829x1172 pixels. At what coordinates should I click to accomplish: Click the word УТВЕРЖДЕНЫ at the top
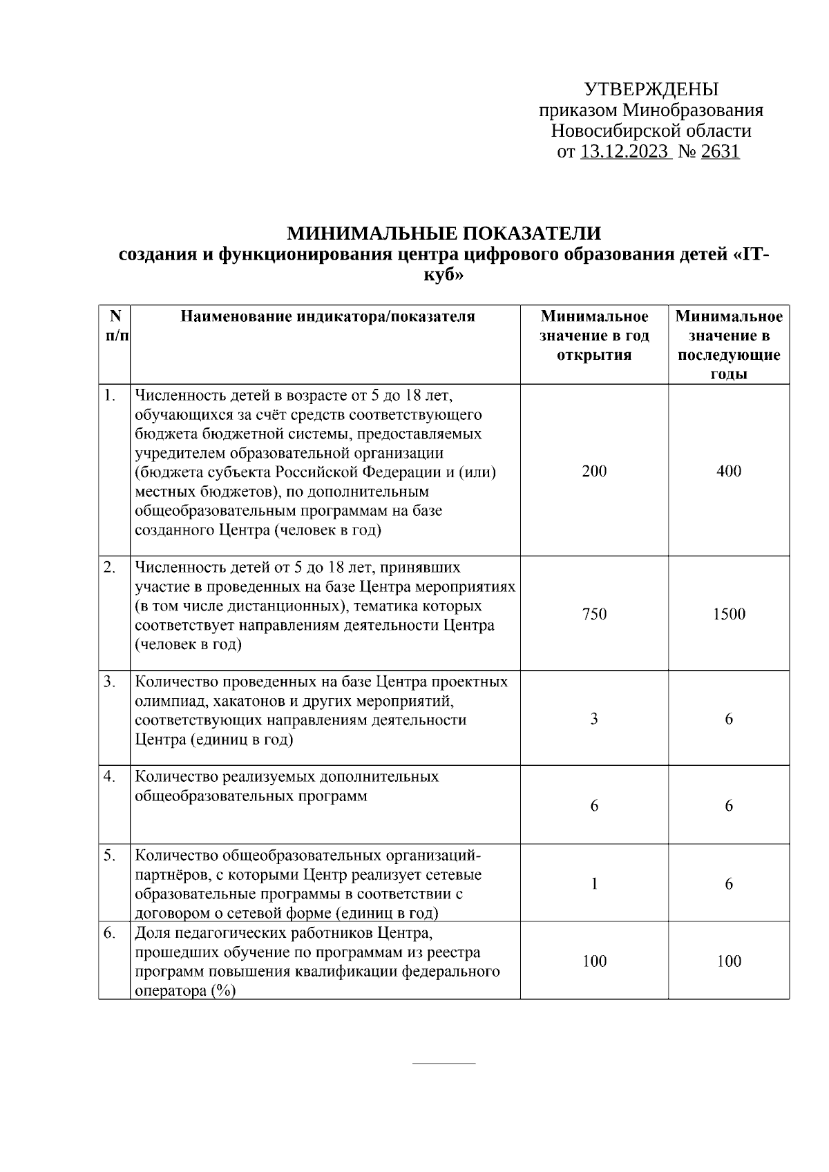pos(651,90)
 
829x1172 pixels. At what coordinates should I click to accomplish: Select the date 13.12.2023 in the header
pos(625,152)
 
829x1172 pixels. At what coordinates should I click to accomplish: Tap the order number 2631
pos(720,152)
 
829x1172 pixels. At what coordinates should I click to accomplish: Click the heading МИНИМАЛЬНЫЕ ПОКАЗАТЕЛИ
pos(444,233)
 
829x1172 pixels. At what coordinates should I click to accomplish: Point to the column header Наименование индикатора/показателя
pos(327,317)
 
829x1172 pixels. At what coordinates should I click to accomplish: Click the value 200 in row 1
pos(594,471)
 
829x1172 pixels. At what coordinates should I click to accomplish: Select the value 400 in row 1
pos(729,471)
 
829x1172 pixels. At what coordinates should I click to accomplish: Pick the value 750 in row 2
pos(594,614)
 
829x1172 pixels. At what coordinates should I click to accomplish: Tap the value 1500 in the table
pos(729,614)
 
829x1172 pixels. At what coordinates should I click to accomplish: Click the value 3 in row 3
pos(594,719)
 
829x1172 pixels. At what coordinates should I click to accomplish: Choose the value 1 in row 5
pos(594,884)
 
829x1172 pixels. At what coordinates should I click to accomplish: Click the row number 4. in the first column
pos(109,776)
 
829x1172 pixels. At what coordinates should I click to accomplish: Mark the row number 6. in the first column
pos(109,933)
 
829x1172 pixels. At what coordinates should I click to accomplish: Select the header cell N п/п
pos(115,326)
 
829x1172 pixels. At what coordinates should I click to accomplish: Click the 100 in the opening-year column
pos(594,961)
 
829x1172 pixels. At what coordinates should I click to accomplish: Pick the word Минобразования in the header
pos(693,111)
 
